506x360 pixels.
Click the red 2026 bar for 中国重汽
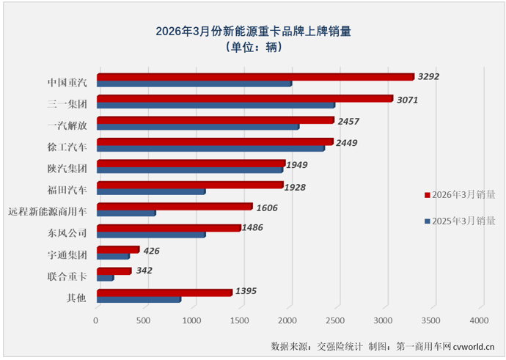(x=254, y=76)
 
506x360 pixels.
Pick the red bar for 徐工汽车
(x=214, y=142)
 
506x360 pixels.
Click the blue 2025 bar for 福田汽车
(x=150, y=191)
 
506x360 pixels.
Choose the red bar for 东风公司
(x=168, y=228)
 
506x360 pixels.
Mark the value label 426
(x=151, y=251)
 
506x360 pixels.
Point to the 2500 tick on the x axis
(x=335, y=321)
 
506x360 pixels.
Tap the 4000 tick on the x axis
(x=479, y=321)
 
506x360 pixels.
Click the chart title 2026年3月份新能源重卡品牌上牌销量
(x=253, y=31)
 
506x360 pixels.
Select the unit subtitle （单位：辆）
(x=253, y=47)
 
